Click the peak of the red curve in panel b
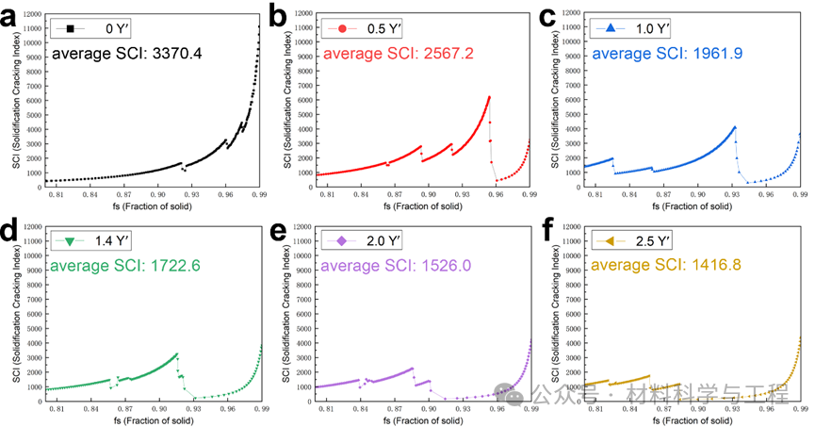tap(489, 97)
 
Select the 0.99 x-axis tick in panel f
tap(800, 409)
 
